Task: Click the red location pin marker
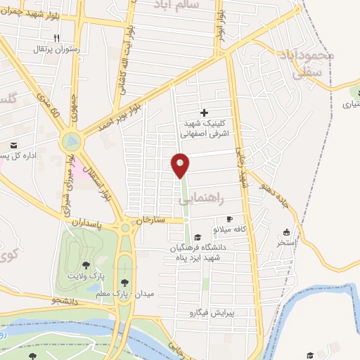coord(181,164)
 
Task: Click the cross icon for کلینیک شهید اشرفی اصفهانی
coord(204,112)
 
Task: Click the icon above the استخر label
coord(286,232)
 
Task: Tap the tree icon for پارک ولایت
coord(85,265)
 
